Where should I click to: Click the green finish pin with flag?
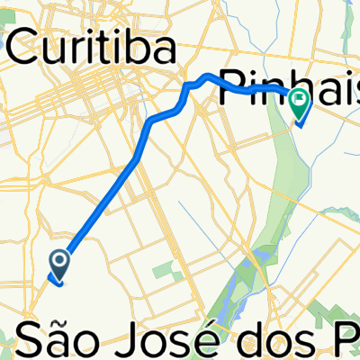pos(299,105)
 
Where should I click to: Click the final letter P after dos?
pos(337,339)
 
